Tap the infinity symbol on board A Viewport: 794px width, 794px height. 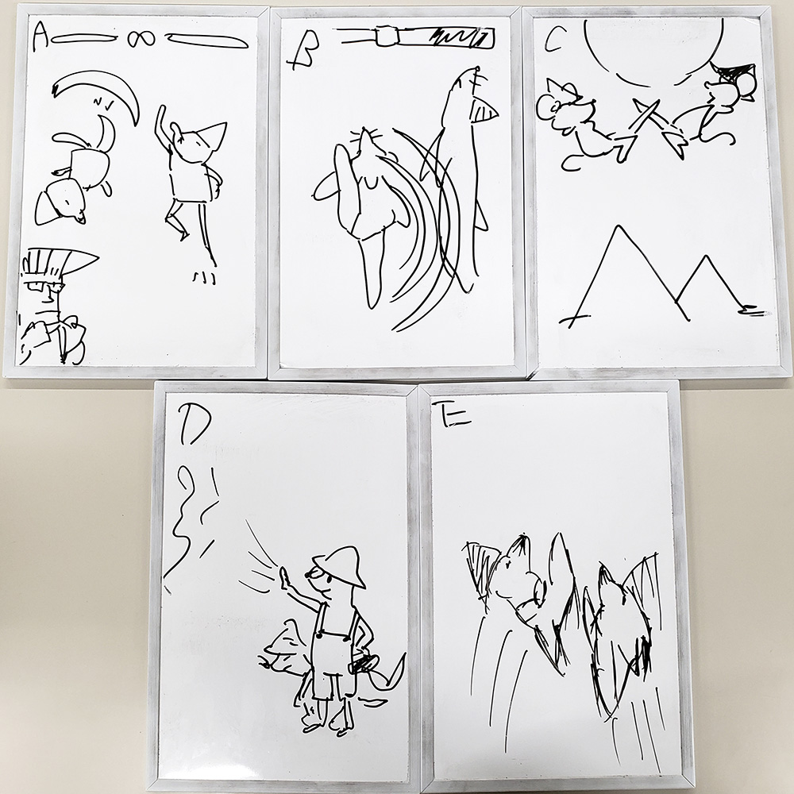click(x=141, y=39)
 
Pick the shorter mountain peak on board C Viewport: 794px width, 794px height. click(x=705, y=258)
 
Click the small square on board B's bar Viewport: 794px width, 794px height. click(x=388, y=37)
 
